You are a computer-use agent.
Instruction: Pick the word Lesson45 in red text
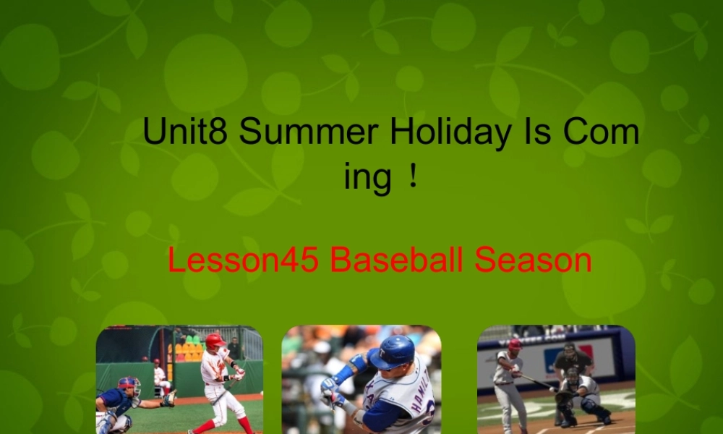(244, 260)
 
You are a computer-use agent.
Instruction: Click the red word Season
(534, 260)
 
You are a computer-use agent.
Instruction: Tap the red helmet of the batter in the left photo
(215, 340)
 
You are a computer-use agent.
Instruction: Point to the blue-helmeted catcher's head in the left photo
(130, 386)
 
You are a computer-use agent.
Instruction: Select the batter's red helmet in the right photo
(514, 344)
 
